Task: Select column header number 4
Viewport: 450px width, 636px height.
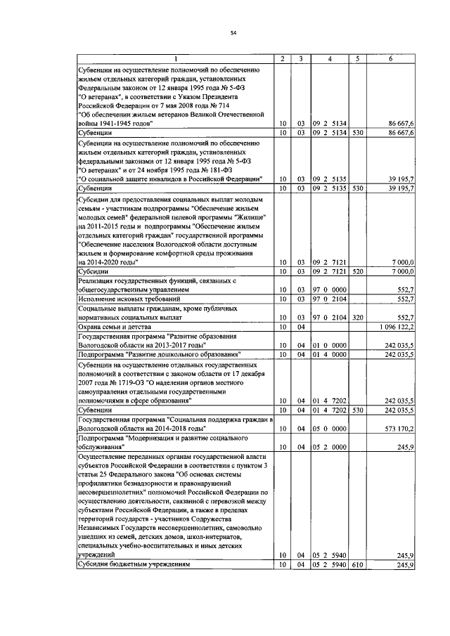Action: [x=330, y=58]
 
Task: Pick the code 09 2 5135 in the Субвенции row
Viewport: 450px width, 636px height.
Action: [x=330, y=189]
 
